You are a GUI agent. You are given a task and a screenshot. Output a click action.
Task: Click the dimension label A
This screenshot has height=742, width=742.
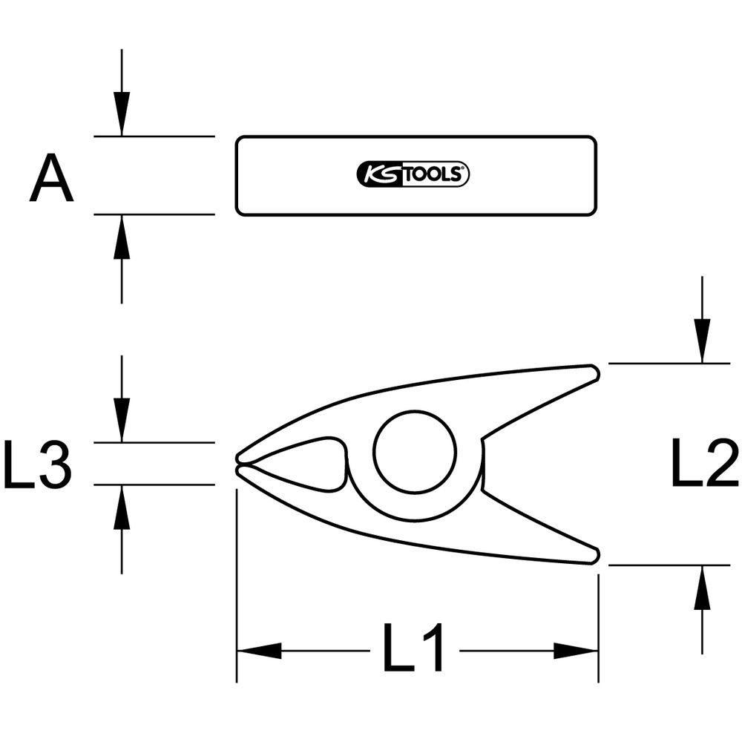point(52,178)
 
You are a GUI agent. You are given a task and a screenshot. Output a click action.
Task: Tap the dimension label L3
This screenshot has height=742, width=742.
point(37,464)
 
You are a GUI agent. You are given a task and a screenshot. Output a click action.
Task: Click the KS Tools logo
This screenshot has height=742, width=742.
point(413,174)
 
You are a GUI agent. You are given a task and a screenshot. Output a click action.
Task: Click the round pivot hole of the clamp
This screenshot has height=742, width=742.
point(415,451)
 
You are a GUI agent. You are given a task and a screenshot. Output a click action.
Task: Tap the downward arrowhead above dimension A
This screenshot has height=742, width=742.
point(122,114)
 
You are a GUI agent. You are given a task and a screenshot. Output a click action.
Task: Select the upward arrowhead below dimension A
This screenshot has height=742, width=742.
point(122,237)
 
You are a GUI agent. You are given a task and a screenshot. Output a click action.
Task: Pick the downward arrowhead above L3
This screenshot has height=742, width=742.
point(122,420)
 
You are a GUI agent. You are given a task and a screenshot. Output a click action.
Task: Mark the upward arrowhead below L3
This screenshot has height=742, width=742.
point(122,507)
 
